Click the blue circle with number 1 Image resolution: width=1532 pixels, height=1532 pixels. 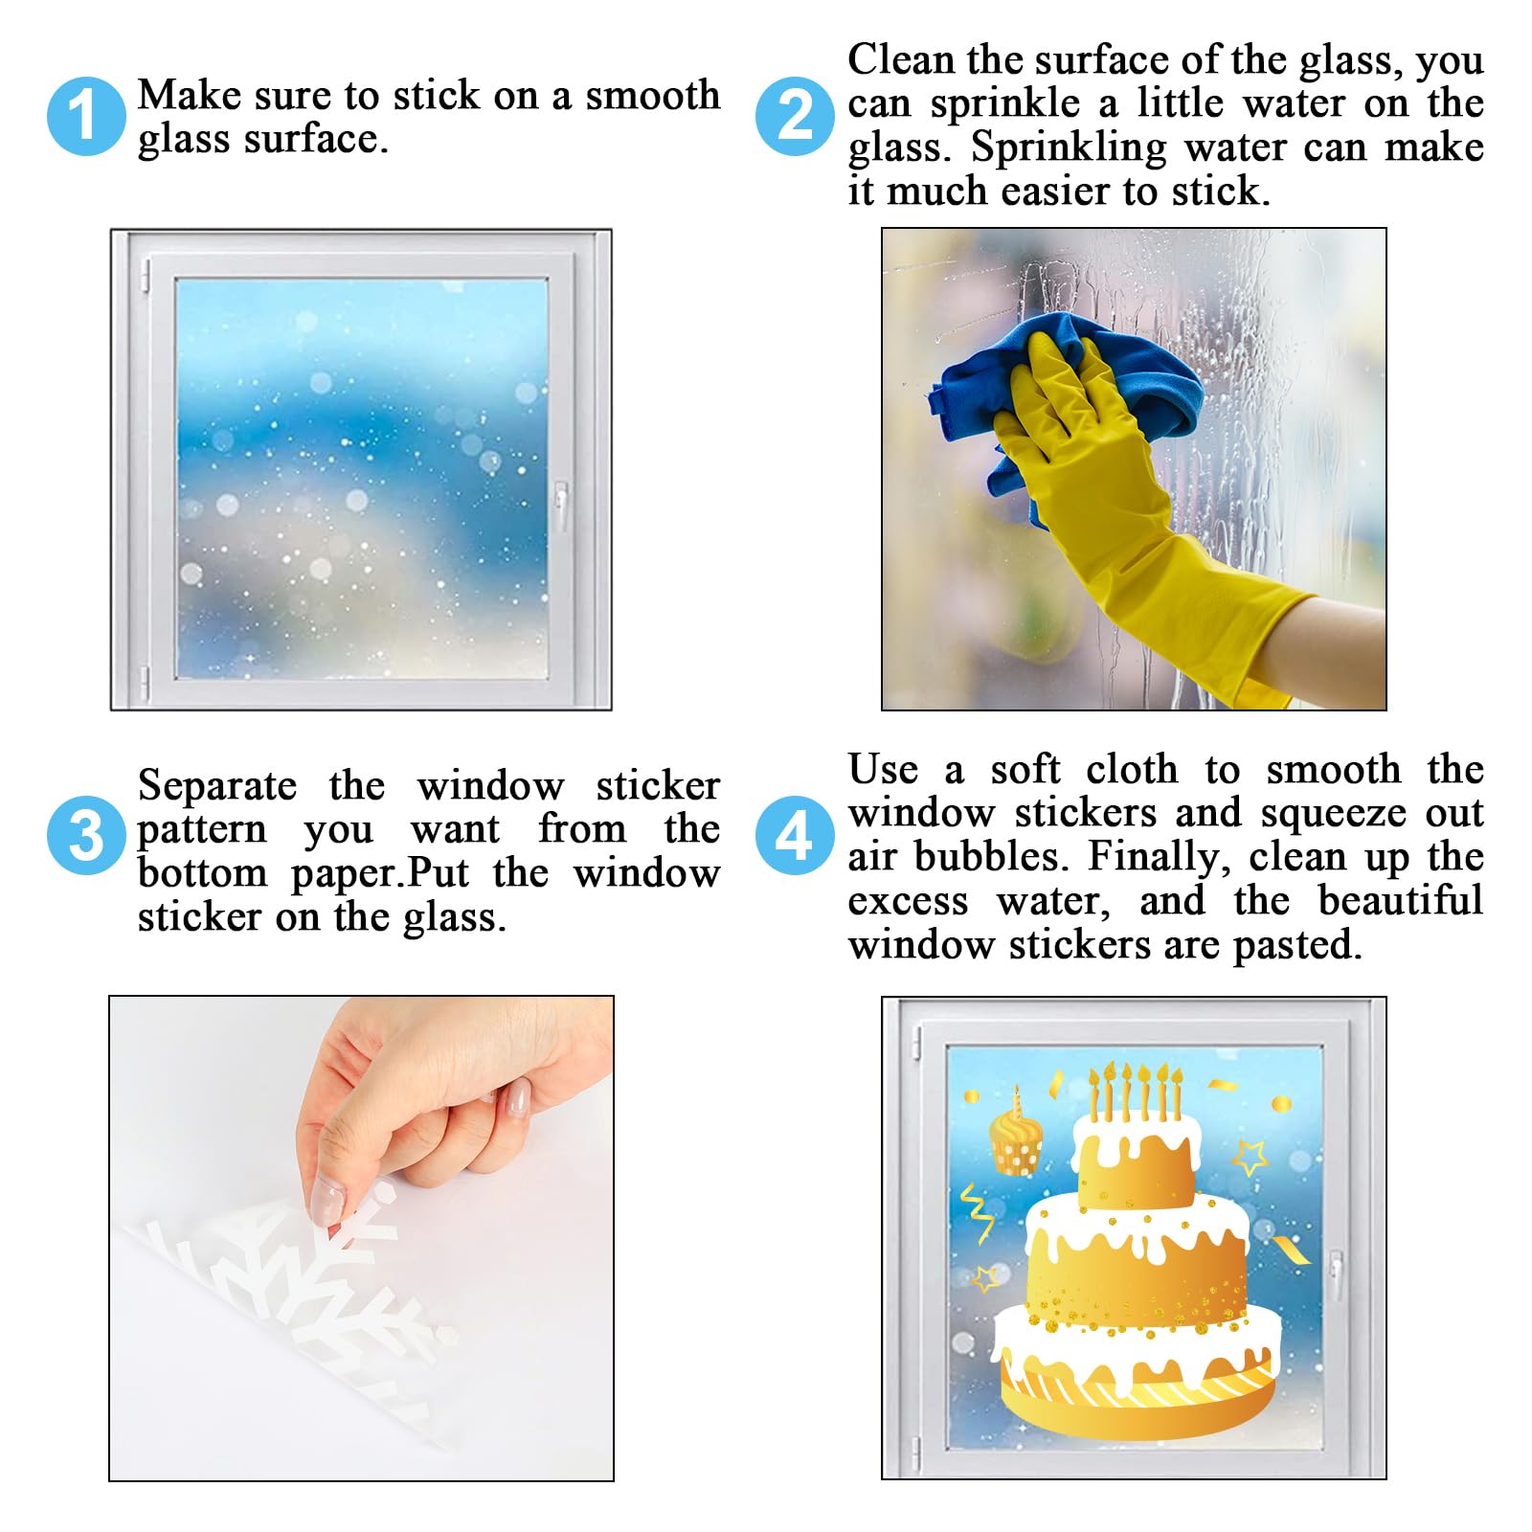tap(86, 116)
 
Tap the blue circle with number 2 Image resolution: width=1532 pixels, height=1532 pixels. tap(795, 116)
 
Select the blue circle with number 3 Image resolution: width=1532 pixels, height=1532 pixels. tap(86, 835)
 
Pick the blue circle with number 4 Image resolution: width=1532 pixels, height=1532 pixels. tap(795, 835)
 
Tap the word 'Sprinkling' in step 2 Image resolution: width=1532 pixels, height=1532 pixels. tap(1069, 148)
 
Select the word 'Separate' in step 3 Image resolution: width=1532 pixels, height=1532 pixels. tap(217, 787)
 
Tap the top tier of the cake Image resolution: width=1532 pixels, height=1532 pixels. tap(1138, 1159)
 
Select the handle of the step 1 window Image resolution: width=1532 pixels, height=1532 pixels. tap(561, 505)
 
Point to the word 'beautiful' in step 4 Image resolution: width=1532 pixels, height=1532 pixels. tap(1400, 901)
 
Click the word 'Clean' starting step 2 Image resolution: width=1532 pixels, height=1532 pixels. tap(901, 60)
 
